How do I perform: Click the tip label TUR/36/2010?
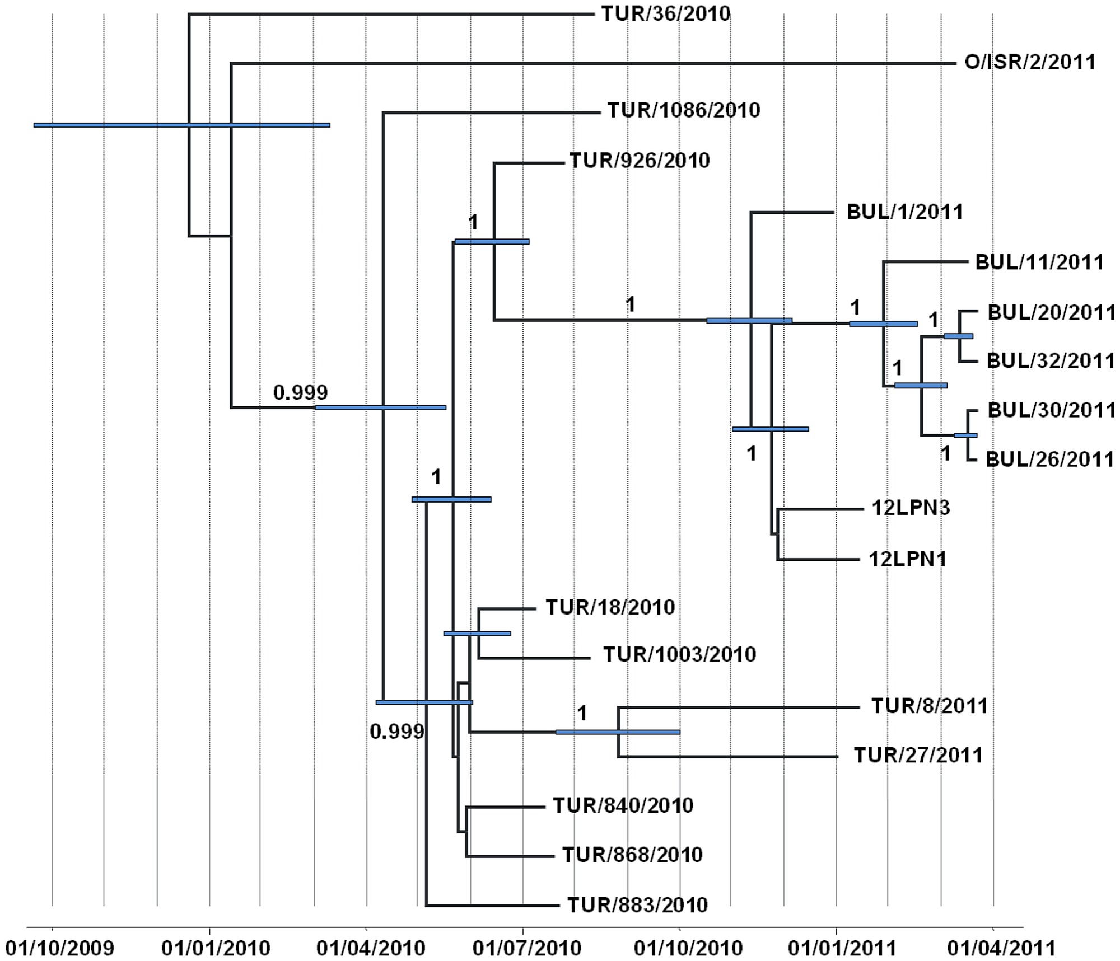666,14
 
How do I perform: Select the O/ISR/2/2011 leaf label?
1030,62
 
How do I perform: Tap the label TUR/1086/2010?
684,110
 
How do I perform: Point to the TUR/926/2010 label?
640,161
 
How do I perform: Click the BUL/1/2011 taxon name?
905,212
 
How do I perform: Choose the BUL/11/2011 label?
1039,262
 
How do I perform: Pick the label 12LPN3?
911,508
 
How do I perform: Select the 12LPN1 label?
907,559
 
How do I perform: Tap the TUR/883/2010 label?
637,905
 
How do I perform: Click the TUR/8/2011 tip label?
929,706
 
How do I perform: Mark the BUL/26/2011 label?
1049,460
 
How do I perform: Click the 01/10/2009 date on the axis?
59,948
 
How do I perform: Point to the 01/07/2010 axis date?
527,948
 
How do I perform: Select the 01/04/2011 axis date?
1001,948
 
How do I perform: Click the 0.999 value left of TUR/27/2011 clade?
397,732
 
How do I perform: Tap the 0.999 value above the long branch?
300,393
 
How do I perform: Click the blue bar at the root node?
181,125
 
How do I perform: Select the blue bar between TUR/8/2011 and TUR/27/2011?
618,732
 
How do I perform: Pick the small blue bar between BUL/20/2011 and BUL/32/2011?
958,336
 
